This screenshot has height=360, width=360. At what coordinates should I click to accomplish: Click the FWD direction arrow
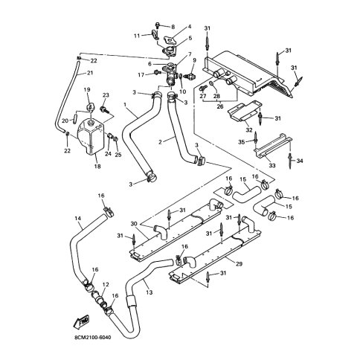pyautogui.click(x=82, y=322)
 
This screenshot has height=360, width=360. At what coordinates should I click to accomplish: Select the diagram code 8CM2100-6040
pyautogui.click(x=92, y=338)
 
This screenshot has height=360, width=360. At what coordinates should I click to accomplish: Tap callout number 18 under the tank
pyautogui.click(x=97, y=167)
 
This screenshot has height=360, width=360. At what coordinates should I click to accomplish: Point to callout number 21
pyautogui.click(x=89, y=73)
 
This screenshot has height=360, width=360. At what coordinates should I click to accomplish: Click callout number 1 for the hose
pyautogui.click(x=125, y=105)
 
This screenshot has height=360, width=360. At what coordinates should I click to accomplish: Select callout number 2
pyautogui.click(x=160, y=142)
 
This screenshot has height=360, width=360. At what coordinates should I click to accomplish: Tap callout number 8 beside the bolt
pyautogui.click(x=173, y=27)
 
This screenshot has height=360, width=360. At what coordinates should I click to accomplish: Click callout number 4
pyautogui.click(x=190, y=27)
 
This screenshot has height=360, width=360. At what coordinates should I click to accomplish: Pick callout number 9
pyautogui.click(x=194, y=60)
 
